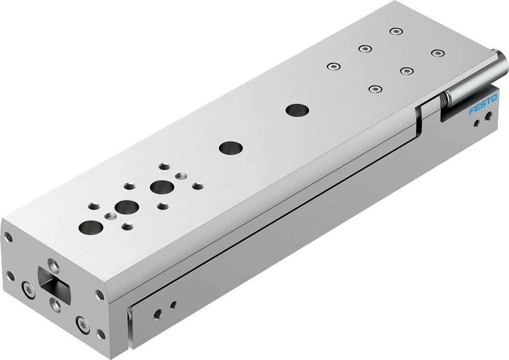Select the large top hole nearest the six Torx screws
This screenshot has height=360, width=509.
coord(297,110)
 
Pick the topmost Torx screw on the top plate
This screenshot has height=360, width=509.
coord(395,31)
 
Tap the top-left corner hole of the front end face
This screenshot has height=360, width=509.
coord(8,236)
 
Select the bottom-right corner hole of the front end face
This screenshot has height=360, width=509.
coord(100,333)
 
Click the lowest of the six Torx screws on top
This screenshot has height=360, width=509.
coord(375,89)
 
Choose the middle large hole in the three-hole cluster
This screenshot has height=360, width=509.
coord(127,207)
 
